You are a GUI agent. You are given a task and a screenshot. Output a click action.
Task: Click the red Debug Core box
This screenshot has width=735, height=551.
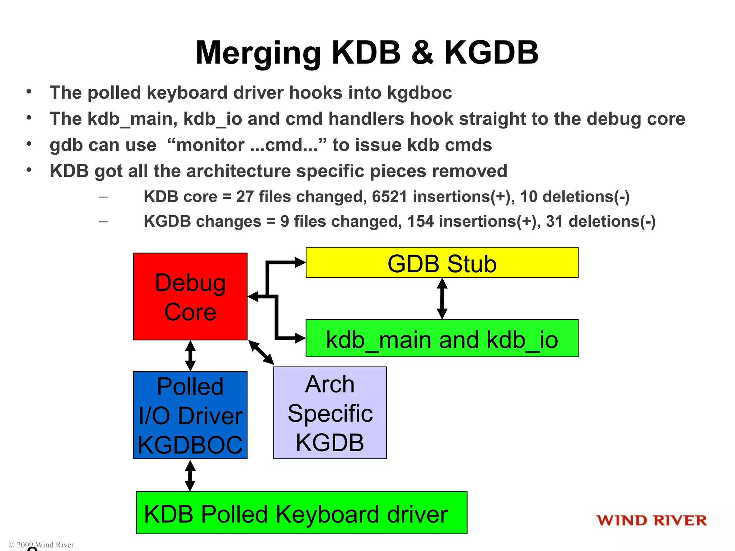coord(190,296)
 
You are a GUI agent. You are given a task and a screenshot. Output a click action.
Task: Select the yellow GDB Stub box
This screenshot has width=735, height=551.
coord(442,263)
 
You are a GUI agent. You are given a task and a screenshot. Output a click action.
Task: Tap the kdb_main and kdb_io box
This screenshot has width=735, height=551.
coord(442,338)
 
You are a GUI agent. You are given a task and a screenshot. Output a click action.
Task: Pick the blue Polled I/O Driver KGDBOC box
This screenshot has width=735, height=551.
coord(190,415)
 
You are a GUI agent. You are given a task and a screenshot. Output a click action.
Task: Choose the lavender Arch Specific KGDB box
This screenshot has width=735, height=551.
coord(330,413)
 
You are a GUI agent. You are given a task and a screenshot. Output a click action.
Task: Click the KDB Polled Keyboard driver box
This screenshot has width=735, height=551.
coord(301,513)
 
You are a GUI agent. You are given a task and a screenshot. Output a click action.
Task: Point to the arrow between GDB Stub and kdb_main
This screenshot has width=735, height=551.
coord(442,298)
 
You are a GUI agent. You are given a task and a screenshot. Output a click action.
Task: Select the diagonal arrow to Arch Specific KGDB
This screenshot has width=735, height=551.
coord(261,353)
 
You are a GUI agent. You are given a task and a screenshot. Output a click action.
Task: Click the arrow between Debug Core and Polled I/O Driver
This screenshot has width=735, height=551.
coord(190,355)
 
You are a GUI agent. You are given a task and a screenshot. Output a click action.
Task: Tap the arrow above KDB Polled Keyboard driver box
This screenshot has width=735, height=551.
coord(190,475)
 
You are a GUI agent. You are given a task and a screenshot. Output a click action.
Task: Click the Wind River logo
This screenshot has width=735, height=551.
coord(651,520)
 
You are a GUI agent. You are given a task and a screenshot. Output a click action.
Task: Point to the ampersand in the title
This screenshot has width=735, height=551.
coord(422,53)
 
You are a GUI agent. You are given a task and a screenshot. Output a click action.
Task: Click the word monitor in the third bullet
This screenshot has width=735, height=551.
coord(210,145)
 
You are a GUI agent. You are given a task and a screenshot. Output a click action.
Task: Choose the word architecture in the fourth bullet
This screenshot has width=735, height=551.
coord(238,171)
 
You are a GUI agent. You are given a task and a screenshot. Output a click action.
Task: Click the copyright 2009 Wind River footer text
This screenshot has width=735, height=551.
coord(41,545)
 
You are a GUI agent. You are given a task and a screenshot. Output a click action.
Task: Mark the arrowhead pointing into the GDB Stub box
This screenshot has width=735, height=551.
coord(300,263)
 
